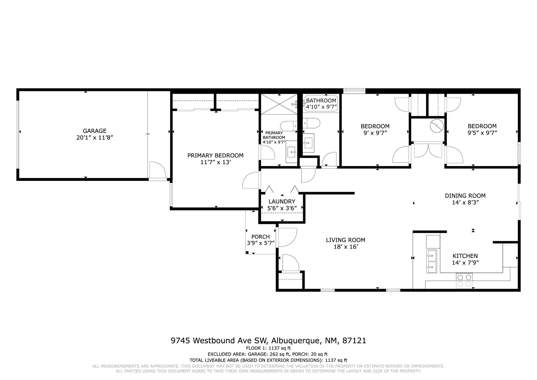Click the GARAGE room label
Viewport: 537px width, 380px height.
(x=94, y=131)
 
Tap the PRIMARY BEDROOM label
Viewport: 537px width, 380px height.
(x=215, y=156)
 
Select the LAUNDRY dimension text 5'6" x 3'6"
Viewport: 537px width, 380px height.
(x=282, y=208)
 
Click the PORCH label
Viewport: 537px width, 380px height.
(x=260, y=237)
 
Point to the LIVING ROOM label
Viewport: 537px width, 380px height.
(x=345, y=240)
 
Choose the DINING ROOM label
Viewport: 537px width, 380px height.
(x=465, y=196)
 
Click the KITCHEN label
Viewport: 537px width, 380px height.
(x=465, y=256)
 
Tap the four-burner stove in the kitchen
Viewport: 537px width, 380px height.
(x=464, y=281)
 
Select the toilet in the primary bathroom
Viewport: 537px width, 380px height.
(x=288, y=126)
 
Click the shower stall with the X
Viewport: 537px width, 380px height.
(x=279, y=104)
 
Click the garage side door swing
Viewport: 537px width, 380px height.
(x=157, y=170)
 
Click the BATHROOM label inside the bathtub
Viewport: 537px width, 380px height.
(x=321, y=101)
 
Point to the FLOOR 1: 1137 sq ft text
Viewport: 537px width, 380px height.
(x=268, y=348)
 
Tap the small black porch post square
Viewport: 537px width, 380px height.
(x=247, y=252)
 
